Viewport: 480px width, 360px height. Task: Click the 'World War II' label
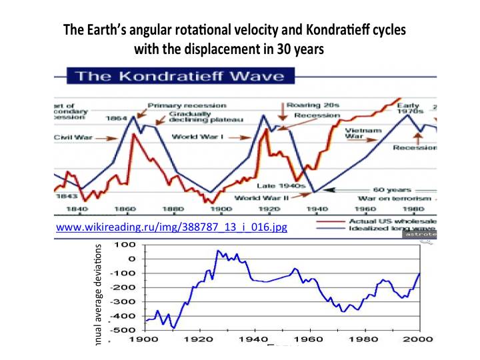261,197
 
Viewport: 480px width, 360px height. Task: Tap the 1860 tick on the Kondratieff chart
125,209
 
